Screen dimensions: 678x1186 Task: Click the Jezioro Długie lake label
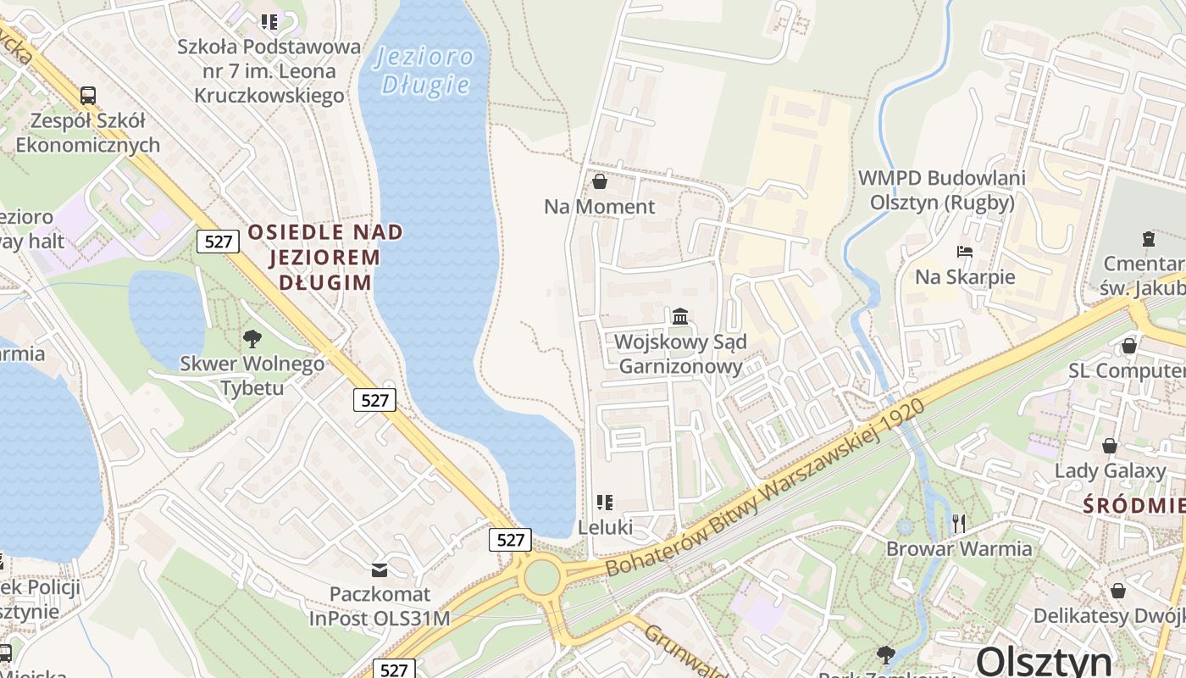coord(424,70)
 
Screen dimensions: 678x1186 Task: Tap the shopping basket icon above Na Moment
coord(600,181)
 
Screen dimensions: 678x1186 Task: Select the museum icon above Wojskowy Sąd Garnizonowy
coord(679,317)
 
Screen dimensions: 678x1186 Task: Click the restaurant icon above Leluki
coord(604,503)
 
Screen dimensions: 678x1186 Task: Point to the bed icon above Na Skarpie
coord(964,252)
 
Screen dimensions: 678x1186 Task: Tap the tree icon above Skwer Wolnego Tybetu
coord(252,339)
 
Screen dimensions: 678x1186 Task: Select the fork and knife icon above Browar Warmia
coord(959,523)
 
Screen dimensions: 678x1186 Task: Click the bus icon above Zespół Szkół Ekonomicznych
coord(87,95)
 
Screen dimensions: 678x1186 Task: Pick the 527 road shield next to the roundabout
coord(510,539)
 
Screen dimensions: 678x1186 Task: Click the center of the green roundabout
coord(542,578)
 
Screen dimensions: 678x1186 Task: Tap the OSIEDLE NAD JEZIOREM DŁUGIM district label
coord(324,257)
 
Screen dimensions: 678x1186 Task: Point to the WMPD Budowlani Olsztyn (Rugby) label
coord(942,190)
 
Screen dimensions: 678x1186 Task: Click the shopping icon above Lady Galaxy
coord(1110,446)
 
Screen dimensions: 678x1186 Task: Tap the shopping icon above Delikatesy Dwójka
coord(1118,591)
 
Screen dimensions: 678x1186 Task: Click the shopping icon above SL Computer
coord(1128,346)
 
